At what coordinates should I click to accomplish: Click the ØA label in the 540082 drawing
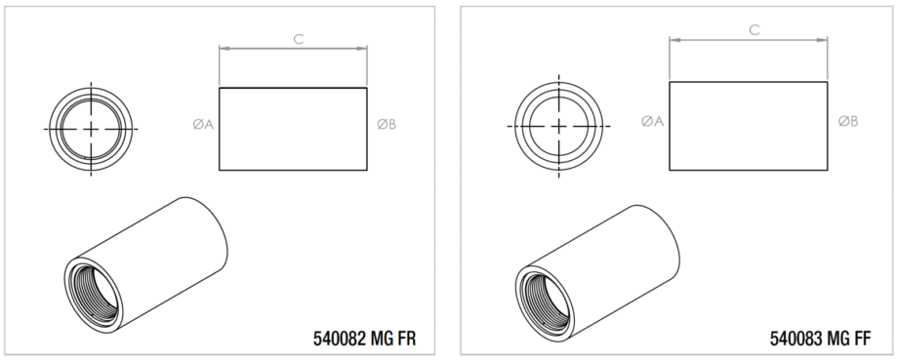203,124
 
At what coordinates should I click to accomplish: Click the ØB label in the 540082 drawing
386,124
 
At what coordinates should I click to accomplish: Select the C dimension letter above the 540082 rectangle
299,39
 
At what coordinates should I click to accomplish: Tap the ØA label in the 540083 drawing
652,121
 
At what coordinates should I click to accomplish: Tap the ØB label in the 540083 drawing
848,121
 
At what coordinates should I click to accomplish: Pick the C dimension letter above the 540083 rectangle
755,30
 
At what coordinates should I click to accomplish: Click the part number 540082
339,339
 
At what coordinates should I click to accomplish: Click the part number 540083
795,339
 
